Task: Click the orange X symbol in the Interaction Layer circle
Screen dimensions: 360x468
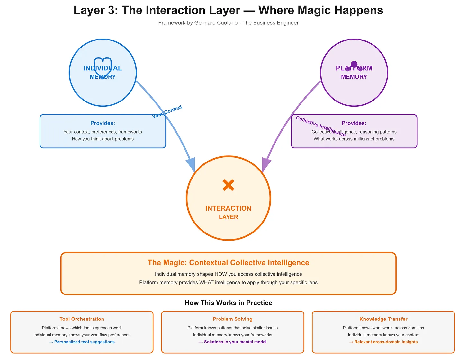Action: [228, 185]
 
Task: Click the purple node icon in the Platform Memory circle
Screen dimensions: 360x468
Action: [354, 66]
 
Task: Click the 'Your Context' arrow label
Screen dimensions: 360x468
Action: [167, 111]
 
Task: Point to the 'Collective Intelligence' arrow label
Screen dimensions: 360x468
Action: [320, 126]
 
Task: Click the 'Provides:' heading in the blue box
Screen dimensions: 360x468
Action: [103, 123]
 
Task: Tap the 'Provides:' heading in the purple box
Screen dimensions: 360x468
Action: [354, 123]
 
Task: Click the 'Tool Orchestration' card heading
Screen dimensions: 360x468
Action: [82, 319]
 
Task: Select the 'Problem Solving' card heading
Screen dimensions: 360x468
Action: [232, 319]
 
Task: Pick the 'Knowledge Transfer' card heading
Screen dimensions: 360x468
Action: [383, 319]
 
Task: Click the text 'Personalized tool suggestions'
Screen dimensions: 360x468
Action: [84, 342]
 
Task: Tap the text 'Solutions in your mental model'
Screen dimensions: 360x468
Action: [235, 342]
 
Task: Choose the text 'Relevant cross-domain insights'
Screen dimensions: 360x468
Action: [386, 342]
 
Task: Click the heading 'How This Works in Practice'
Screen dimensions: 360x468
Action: [228, 303]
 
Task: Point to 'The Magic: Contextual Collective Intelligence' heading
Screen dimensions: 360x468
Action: [228, 263]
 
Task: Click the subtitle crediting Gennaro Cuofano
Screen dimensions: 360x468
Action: [228, 23]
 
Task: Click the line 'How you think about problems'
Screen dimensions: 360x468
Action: [103, 139]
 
